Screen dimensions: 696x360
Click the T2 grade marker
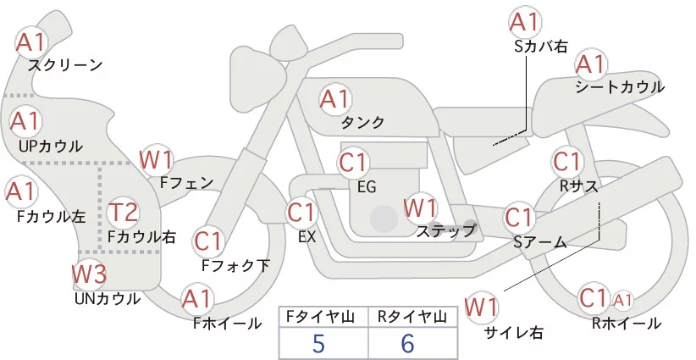coord(123,213)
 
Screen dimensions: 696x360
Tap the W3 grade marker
coord(89,274)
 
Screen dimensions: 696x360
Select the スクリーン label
coord(66,65)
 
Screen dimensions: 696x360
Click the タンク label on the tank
coord(362,122)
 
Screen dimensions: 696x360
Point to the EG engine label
coord(367,187)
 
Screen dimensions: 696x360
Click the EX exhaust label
coord(307,236)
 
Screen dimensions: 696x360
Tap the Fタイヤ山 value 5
coord(318,343)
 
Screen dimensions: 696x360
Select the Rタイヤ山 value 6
coord(407,343)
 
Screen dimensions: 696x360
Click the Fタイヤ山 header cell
coord(323,317)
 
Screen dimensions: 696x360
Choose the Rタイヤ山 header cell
coord(413,317)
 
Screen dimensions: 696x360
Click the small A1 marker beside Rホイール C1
coord(623,301)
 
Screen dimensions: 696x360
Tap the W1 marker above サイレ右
coord(482,307)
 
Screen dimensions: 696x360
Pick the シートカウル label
coord(620,87)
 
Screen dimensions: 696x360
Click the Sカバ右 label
coord(541,47)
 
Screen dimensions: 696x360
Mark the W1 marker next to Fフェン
coord(156,159)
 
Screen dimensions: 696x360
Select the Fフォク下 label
coord(235,265)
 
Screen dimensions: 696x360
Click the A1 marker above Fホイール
coord(196,299)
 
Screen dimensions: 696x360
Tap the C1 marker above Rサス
coord(566,162)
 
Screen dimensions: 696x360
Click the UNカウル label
coord(108,299)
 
